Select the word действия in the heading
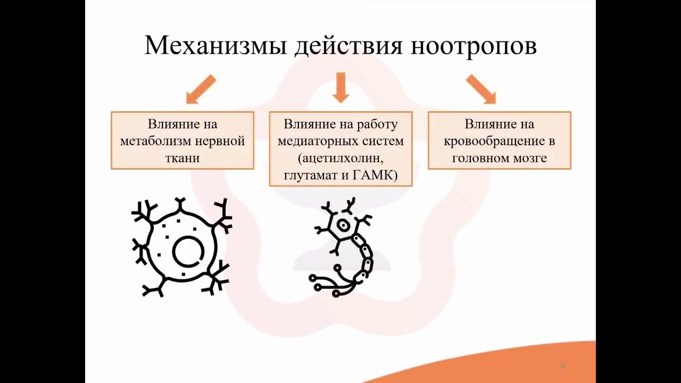point(348,45)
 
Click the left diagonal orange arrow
point(201,89)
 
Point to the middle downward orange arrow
point(340,88)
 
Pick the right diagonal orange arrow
point(481,89)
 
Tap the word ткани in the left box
point(182,158)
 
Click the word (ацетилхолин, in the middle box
point(340,158)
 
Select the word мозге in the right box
point(527,158)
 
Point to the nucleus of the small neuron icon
point(344,225)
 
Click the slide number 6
point(563,365)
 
